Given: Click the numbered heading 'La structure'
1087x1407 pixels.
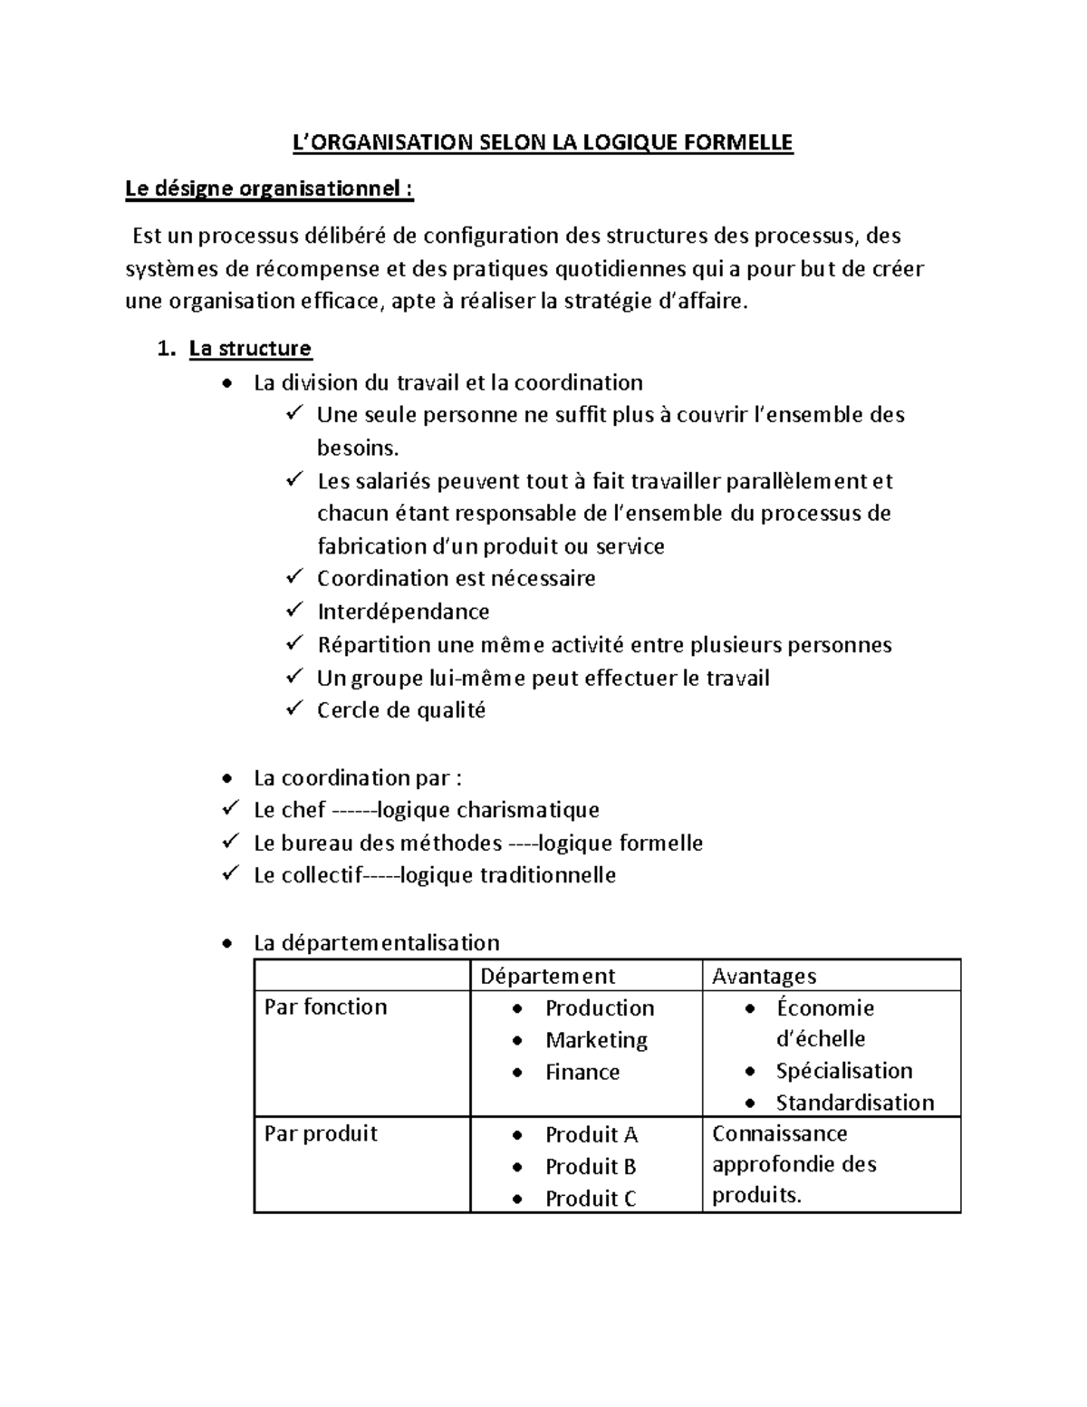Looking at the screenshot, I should tap(250, 349).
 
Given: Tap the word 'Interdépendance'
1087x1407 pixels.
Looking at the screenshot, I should tap(403, 612).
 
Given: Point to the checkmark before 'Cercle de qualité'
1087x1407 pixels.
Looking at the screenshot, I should tap(294, 708).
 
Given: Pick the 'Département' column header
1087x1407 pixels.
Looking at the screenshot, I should tap(547, 976).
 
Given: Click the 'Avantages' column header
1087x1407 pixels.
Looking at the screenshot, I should tap(764, 976).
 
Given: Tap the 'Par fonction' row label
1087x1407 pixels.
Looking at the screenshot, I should tap(325, 1007).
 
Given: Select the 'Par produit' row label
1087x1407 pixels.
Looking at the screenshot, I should tap(321, 1134).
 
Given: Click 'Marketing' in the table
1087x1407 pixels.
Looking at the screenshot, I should tap(596, 1040).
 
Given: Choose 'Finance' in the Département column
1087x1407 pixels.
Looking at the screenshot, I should tap(582, 1072).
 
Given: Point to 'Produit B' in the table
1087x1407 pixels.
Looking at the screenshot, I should tap(591, 1167).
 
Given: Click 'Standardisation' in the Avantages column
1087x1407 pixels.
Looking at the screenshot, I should tap(854, 1103).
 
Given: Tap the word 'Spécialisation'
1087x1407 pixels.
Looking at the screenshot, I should tap(843, 1071).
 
